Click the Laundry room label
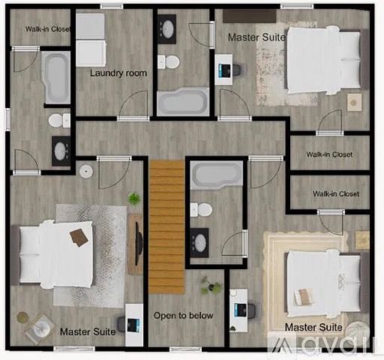(118, 73)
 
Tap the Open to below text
(184, 316)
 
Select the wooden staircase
(167, 227)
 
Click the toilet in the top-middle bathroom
(169, 61)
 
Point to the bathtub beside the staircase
(217, 175)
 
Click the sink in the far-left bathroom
(61, 151)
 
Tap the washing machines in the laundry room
(90, 40)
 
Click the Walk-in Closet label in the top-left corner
(48, 29)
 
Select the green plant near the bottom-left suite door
(134, 199)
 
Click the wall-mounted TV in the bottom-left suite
(137, 244)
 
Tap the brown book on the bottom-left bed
(79, 237)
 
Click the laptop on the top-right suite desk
(224, 70)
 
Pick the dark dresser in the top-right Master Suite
(250, 16)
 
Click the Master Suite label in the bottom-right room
(313, 327)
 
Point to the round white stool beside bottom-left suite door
(86, 172)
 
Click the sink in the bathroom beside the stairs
(199, 243)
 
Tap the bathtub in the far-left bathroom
(56, 77)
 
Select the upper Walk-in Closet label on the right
(329, 154)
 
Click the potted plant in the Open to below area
(211, 285)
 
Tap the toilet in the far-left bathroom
(59, 120)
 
